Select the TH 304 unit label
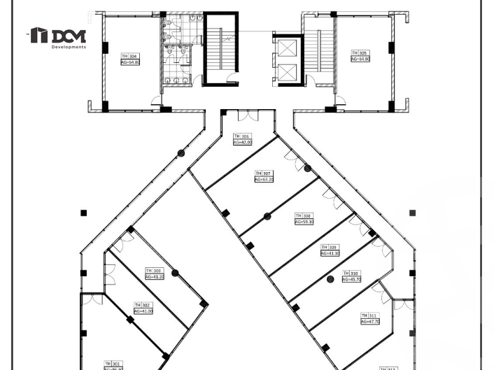(129, 56)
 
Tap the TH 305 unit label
(359, 53)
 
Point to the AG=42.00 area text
(242, 143)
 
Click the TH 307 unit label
(263, 173)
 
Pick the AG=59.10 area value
(304, 222)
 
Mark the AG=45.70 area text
(351, 280)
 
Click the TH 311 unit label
(369, 316)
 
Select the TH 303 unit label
(153, 271)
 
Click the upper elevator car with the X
(288, 48)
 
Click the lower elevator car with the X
(288, 72)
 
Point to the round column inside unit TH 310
(331, 280)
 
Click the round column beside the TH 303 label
(175, 273)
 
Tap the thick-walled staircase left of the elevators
(221, 48)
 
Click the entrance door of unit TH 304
(156, 102)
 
